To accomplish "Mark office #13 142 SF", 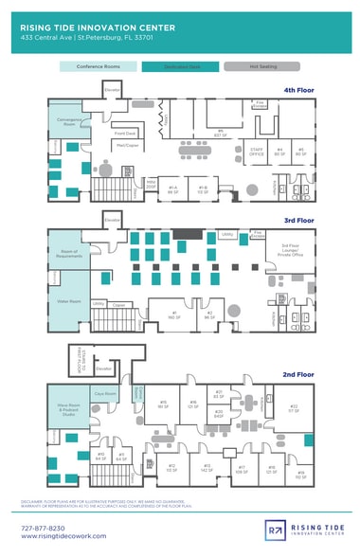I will (207, 466).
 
